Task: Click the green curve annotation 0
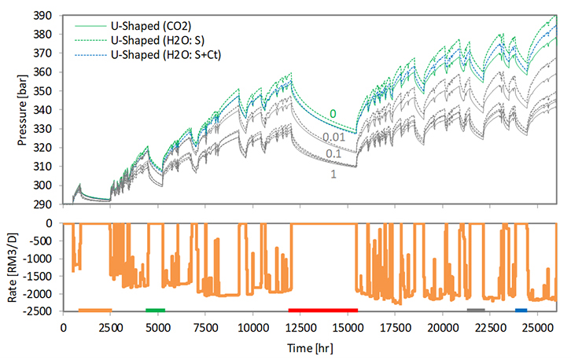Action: (x=333, y=115)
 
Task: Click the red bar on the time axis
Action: (x=323, y=310)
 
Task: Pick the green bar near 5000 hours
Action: (x=155, y=310)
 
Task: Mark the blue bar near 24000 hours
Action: (x=521, y=310)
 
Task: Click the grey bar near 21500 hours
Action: (x=476, y=310)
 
